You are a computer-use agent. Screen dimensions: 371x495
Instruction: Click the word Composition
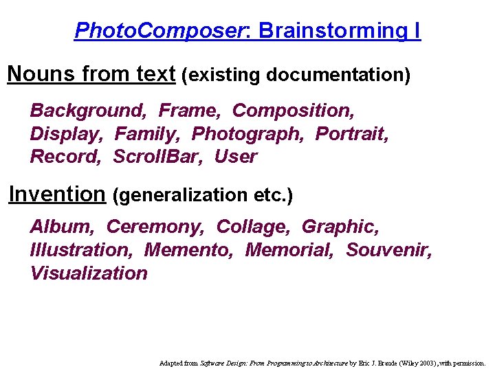tap(291, 111)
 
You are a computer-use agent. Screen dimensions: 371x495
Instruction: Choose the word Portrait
tap(351, 133)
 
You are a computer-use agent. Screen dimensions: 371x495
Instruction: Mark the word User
tap(235, 157)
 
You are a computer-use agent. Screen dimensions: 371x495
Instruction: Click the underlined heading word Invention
tap(56, 194)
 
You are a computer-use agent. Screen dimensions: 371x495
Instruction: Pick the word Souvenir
tap(388, 249)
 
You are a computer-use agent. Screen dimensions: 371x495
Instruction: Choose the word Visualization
tap(89, 273)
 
